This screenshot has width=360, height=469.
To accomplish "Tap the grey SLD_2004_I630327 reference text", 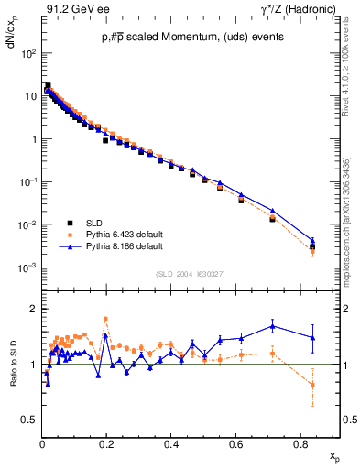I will click(191, 273).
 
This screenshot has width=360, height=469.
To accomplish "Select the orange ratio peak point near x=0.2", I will click(106, 319).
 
